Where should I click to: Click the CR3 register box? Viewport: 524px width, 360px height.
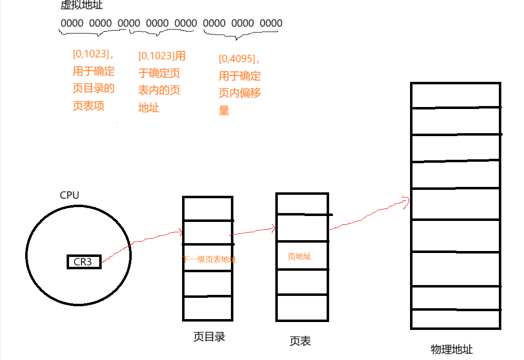(83, 262)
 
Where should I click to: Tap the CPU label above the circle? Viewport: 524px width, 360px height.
(69, 195)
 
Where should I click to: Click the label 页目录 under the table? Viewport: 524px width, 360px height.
(209, 337)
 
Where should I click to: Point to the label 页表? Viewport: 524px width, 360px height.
(300, 341)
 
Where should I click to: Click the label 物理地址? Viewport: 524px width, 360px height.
(451, 350)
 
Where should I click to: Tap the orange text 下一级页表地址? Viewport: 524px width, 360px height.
(209, 259)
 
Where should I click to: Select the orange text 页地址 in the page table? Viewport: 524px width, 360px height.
(299, 256)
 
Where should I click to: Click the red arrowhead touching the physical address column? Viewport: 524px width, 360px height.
(406, 200)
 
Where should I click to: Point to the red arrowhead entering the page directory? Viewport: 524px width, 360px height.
(180, 231)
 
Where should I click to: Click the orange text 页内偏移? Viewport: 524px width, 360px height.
(240, 93)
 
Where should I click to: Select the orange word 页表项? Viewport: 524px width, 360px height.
(88, 106)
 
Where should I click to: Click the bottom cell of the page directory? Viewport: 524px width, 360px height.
(207, 308)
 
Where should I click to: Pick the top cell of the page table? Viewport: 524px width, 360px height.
(301, 204)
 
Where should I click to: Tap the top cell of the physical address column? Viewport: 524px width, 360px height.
(455, 95)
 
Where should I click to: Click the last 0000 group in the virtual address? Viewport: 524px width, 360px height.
(271, 23)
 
